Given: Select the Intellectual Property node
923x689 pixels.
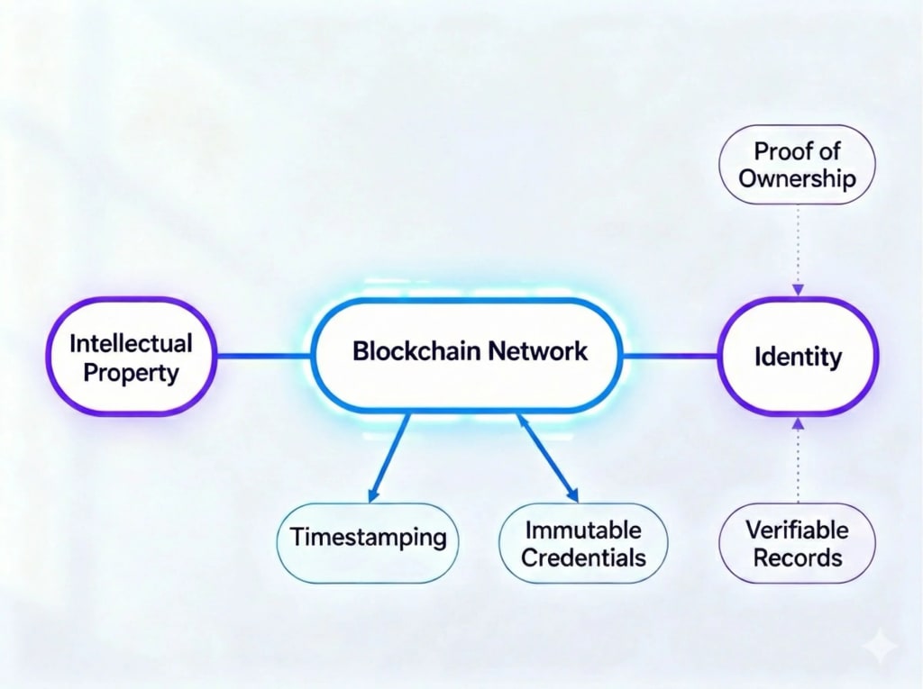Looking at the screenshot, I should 130,357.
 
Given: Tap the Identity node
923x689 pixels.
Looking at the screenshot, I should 797,357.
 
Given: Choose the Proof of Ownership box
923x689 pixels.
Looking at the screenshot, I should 797,163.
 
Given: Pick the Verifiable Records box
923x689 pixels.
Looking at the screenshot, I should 797,543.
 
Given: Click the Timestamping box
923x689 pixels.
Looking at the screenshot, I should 368,538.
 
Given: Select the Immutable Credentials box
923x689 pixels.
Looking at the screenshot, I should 583,543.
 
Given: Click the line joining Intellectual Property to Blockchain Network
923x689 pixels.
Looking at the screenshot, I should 262,357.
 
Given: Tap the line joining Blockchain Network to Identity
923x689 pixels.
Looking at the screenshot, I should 671,357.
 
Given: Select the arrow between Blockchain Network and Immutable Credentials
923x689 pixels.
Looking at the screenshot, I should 547,458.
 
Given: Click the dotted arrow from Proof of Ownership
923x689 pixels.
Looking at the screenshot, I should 798,248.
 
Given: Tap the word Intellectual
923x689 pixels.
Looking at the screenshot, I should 131,343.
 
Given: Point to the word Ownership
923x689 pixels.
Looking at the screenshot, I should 797,177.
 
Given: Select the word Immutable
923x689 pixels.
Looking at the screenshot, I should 583,530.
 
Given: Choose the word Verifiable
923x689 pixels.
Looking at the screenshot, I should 797,530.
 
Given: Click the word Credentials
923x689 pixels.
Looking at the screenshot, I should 583,558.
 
